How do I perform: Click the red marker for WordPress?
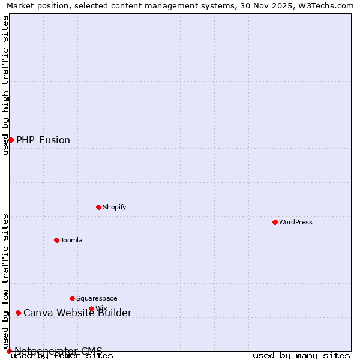[275, 222]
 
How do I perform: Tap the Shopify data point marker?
[98, 207]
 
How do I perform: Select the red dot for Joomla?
[56, 240]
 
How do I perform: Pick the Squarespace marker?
[72, 298]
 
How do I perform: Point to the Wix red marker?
[91, 308]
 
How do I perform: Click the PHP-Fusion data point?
[11, 140]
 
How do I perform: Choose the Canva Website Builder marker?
[18, 313]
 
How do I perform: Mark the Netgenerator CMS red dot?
[9, 351]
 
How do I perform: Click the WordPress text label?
[296, 222]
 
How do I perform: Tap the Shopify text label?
[115, 207]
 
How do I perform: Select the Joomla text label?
[71, 240]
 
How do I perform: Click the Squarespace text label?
[97, 298]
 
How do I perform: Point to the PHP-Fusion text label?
[43, 140]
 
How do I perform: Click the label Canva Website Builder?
[77, 313]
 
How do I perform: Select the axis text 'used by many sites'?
[301, 356]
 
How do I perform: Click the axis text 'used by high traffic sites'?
[6, 85]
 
